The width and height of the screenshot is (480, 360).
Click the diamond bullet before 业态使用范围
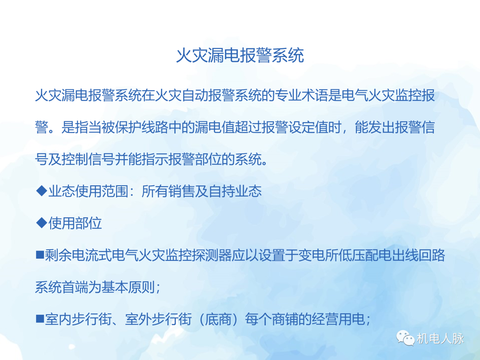click(41, 191)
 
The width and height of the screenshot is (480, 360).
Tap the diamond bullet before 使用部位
click(41, 223)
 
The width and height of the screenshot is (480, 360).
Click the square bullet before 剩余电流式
click(40, 256)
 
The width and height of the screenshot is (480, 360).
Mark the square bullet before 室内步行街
click(40, 319)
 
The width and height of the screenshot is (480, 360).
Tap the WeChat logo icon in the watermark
click(405, 339)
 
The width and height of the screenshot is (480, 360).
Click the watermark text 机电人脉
click(440, 339)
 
